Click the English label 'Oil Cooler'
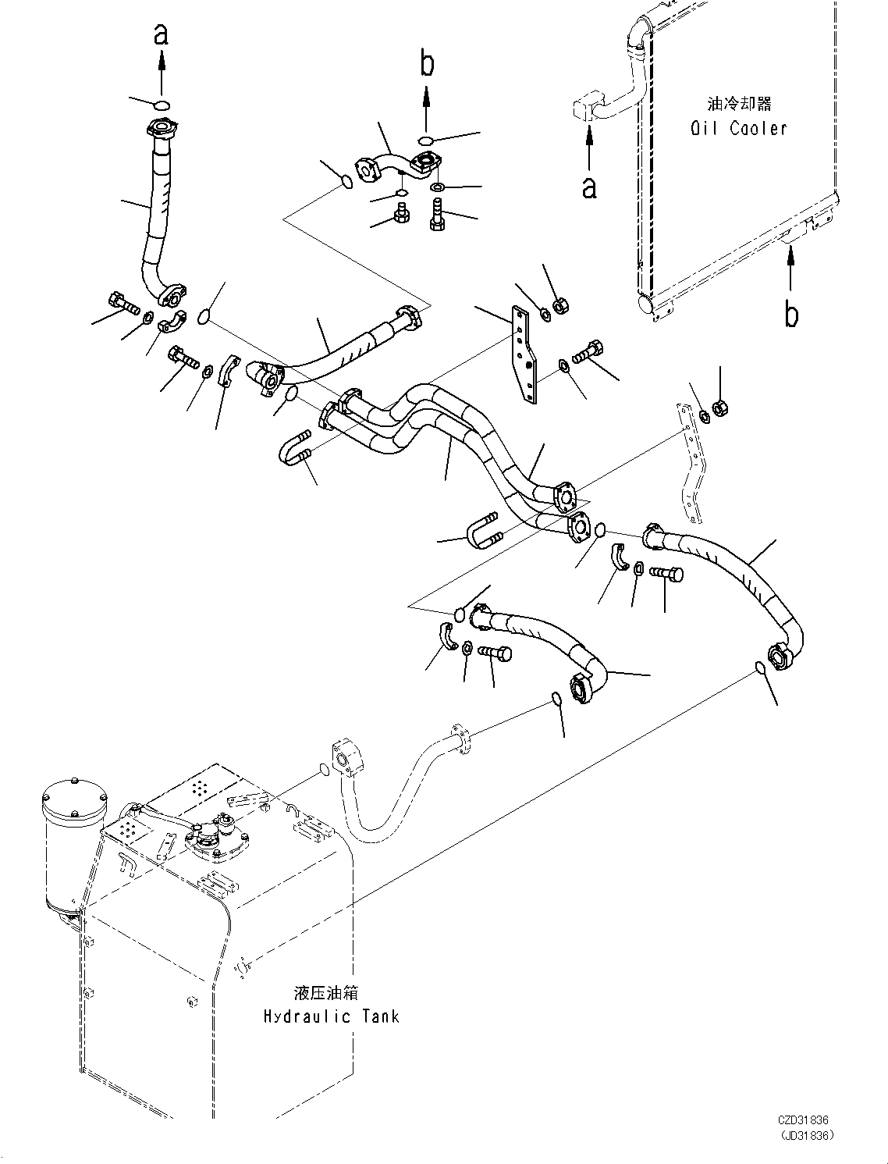click(738, 128)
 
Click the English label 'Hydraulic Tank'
click(331, 1016)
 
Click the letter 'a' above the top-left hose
click(161, 33)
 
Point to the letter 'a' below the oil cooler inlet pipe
click(589, 187)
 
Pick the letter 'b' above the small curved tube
click(426, 64)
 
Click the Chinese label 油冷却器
click(738, 104)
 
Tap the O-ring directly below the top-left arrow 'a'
click(161, 105)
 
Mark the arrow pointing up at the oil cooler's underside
click(790, 269)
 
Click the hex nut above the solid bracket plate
click(559, 307)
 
